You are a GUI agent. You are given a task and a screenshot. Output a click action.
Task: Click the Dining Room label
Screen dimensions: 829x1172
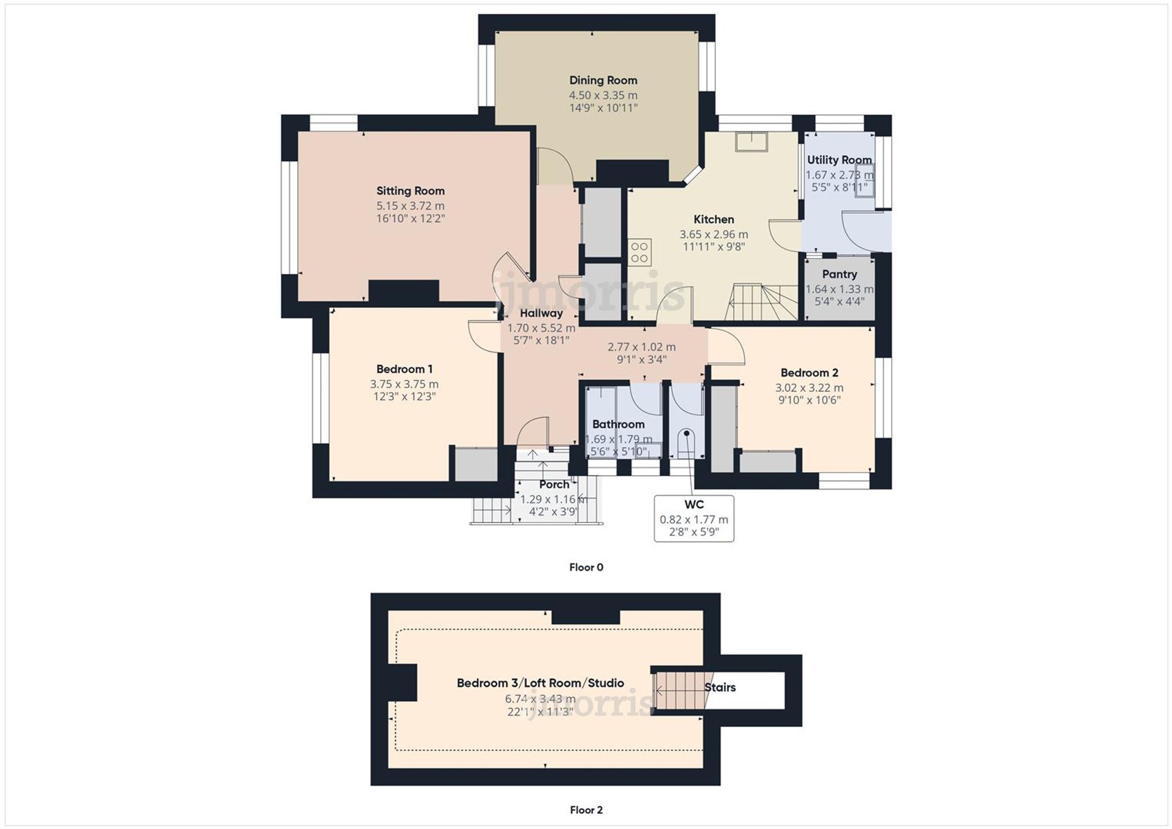tap(603, 80)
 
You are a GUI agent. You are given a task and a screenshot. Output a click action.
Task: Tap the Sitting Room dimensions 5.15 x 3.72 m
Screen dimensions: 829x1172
tap(410, 206)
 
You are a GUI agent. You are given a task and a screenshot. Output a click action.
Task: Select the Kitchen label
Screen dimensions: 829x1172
tap(713, 219)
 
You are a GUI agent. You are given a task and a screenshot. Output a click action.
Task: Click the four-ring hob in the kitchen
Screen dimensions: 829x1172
tap(639, 253)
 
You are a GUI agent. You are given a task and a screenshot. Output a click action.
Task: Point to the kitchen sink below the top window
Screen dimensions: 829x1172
tap(751, 142)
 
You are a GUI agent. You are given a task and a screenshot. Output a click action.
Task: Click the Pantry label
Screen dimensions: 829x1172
tap(839, 274)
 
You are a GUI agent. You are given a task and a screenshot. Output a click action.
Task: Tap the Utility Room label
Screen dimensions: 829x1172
tap(839, 160)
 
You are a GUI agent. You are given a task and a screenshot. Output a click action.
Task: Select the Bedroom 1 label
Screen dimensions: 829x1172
tap(404, 369)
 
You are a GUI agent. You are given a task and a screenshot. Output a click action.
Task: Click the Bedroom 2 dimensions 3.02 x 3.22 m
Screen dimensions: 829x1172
tap(809, 388)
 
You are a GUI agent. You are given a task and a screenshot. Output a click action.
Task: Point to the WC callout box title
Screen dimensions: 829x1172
tap(694, 504)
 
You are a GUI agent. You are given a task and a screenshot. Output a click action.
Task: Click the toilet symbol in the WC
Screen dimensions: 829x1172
tap(686, 442)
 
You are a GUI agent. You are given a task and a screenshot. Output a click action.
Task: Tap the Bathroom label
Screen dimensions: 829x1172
tap(618, 424)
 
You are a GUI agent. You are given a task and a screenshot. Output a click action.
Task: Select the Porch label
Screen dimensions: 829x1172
tap(554, 485)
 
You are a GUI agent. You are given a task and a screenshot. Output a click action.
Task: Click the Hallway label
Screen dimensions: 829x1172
tap(541, 313)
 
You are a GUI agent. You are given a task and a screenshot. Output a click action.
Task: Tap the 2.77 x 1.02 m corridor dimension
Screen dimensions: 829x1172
tap(641, 347)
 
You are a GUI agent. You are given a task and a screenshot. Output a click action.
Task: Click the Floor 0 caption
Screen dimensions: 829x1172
tap(586, 567)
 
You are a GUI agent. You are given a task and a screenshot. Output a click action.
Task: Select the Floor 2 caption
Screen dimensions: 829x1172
tap(586, 810)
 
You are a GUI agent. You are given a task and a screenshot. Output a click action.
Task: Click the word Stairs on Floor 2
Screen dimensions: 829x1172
tap(720, 687)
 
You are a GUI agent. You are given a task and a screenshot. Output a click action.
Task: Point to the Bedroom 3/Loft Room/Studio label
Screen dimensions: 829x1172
tap(540, 683)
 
